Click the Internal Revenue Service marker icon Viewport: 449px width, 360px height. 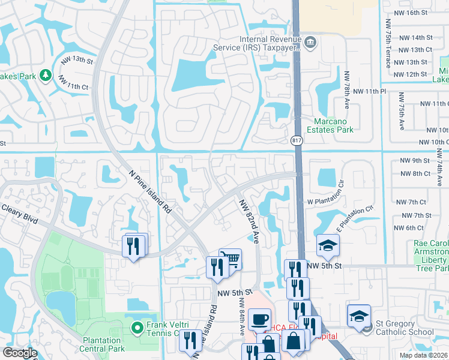pos(310,42)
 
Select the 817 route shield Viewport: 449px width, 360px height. pos(296,140)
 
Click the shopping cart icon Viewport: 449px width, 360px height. pos(231,259)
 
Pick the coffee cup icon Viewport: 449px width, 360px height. pos(259,319)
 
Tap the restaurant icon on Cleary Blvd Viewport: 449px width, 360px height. pos(133,245)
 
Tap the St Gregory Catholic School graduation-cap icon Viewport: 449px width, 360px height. pos(359,315)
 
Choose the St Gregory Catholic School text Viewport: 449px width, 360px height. pos(412,331)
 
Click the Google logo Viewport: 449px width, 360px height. pos(20,353)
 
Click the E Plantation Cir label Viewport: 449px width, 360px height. pos(355,218)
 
